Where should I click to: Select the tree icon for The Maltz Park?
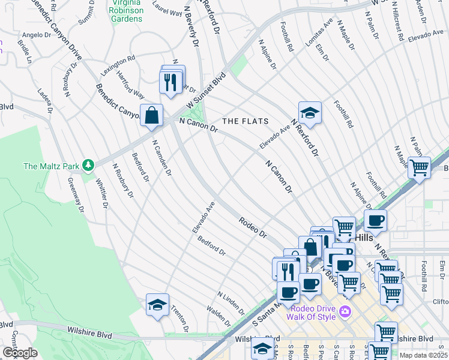pos(89,164)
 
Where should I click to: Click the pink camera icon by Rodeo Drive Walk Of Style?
pos(345,311)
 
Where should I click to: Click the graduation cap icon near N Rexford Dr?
pos(310,112)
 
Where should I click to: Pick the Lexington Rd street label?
pos(118,65)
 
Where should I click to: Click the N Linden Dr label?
pos(231,304)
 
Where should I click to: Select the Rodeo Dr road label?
pos(252,227)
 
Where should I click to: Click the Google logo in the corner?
pos(20,353)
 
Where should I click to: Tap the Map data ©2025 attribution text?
pos(423,355)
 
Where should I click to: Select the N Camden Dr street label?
pos(161,158)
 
